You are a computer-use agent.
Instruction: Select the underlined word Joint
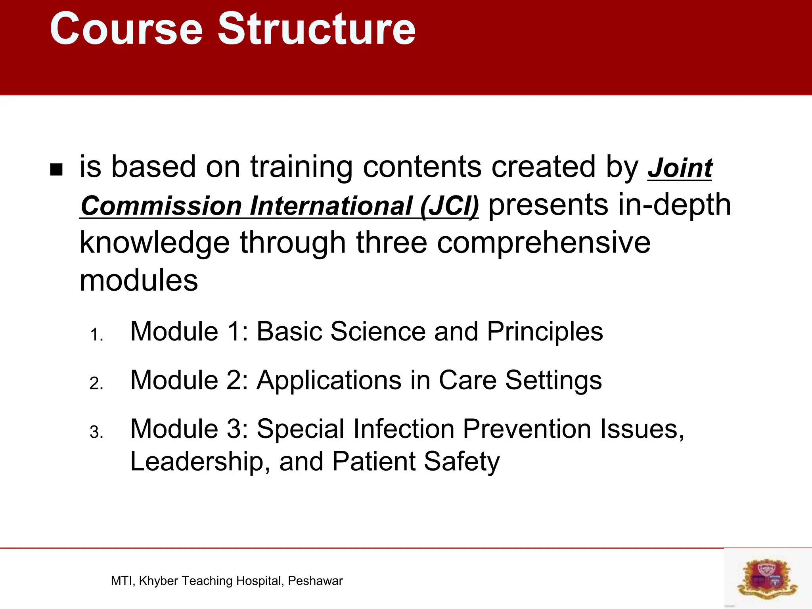pyautogui.click(x=680, y=168)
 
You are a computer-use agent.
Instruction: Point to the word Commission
pyautogui.click(x=161, y=206)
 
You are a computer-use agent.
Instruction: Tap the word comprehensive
pyautogui.click(x=544, y=243)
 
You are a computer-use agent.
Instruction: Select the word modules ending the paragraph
pyautogui.click(x=139, y=281)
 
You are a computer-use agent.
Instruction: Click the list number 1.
pyautogui.click(x=96, y=335)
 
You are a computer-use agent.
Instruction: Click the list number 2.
pyautogui.click(x=96, y=384)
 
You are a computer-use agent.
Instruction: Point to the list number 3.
pyautogui.click(x=96, y=433)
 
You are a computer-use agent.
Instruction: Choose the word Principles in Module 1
pyautogui.click(x=545, y=331)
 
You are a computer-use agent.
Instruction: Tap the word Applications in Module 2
pyautogui.click(x=329, y=381)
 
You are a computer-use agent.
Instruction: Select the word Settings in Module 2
pyautogui.click(x=553, y=381)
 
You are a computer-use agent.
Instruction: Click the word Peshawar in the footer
pyautogui.click(x=315, y=581)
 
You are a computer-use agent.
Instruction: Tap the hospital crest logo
pyautogui.click(x=767, y=579)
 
